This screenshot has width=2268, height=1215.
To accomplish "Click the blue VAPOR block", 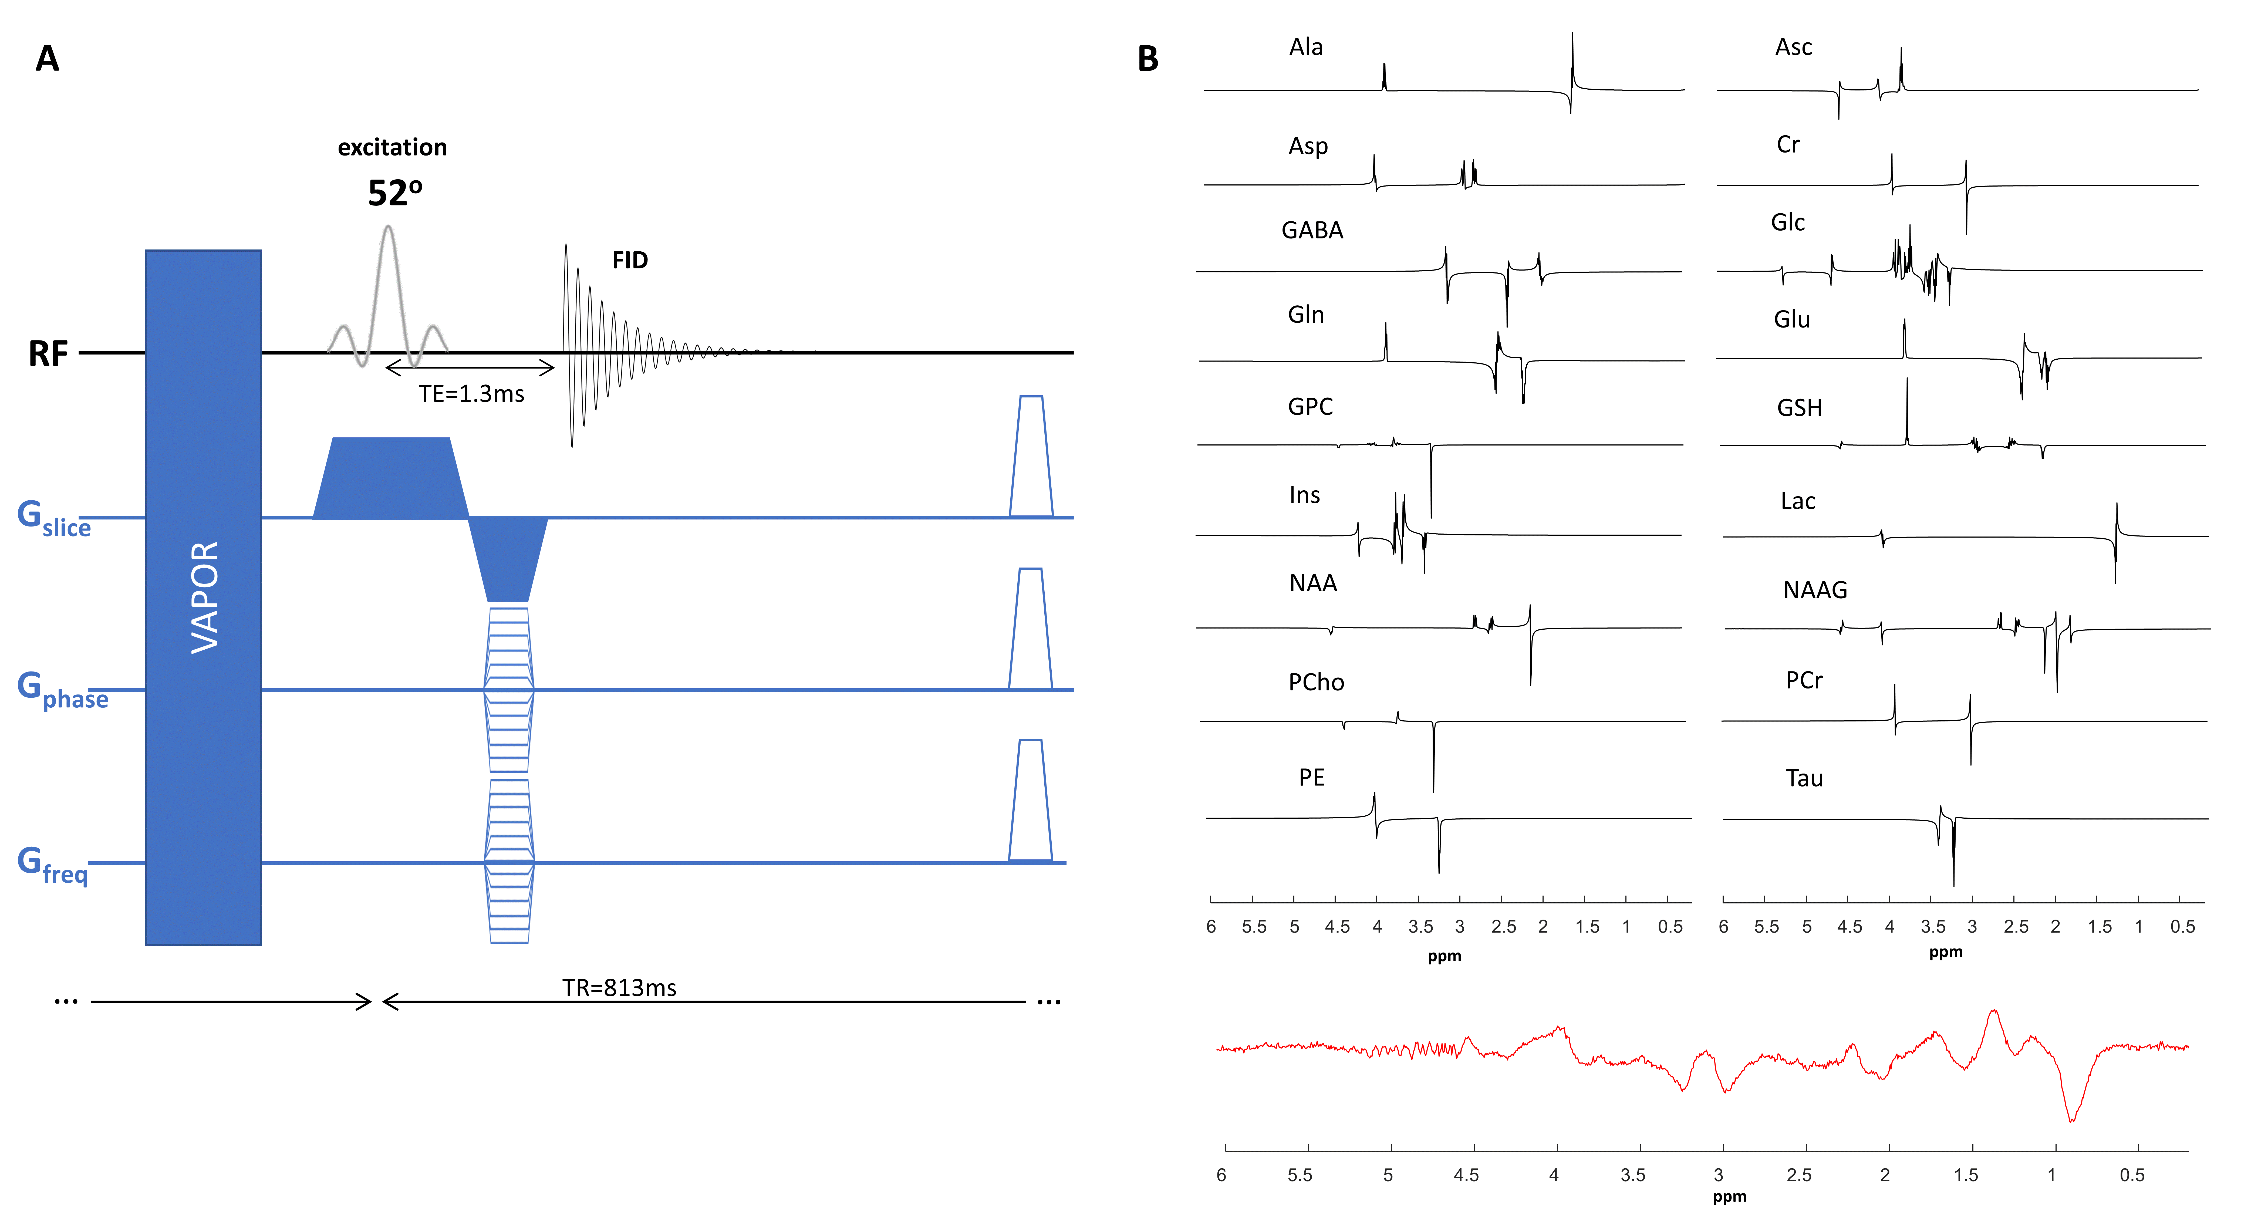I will click(203, 597).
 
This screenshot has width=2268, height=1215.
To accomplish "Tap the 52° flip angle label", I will click(394, 193).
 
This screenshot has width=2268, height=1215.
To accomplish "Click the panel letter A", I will click(48, 59).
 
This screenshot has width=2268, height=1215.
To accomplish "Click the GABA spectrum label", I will click(1312, 231).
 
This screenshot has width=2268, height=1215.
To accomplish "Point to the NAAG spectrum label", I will click(1815, 590).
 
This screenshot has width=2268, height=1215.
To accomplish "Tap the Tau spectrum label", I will click(1804, 778).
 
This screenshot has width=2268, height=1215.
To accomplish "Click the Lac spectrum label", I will click(1798, 501).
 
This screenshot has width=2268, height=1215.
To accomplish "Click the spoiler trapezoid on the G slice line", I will click(1031, 458).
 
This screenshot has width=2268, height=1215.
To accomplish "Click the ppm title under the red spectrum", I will click(1729, 1197).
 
